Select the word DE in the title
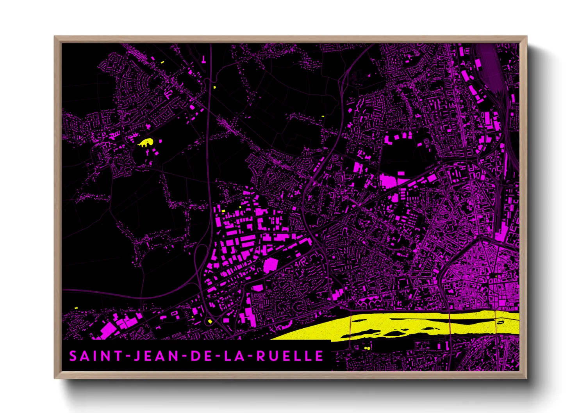(200, 356)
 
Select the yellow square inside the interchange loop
(210, 321)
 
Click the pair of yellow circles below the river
(367, 347)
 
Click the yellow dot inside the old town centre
(496, 276)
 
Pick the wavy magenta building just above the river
(369, 301)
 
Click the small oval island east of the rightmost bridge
(501, 322)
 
